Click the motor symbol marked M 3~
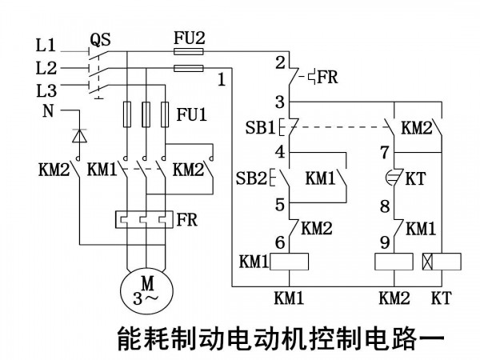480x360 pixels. (146, 292)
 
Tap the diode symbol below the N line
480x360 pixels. (79, 136)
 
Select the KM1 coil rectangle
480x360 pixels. (289, 262)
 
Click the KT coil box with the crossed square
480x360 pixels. (442, 262)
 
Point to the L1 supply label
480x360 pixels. (46, 46)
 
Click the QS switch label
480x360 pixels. (100, 40)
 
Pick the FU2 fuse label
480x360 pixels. (190, 38)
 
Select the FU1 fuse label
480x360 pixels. (192, 114)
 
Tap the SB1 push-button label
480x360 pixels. (261, 127)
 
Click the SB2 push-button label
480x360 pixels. (252, 178)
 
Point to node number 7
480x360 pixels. (385, 152)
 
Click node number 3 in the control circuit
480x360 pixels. (280, 102)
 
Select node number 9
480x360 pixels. (385, 242)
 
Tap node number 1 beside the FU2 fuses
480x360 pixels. (222, 79)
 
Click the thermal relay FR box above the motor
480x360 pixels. (144, 219)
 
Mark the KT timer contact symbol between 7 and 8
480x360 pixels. (394, 178)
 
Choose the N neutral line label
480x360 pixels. (48, 111)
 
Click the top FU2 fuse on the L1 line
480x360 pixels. (189, 51)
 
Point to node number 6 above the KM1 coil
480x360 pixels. (280, 242)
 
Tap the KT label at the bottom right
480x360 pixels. (441, 298)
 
